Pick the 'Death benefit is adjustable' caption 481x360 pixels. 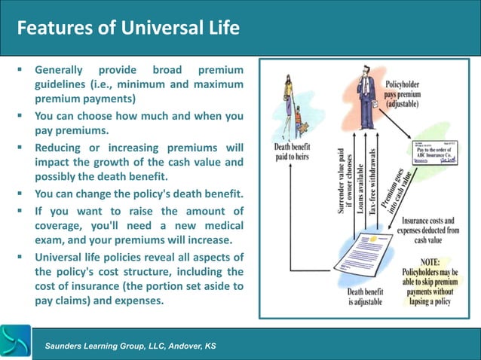365,297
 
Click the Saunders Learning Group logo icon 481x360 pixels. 16,342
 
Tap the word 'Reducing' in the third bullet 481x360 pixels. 62,146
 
